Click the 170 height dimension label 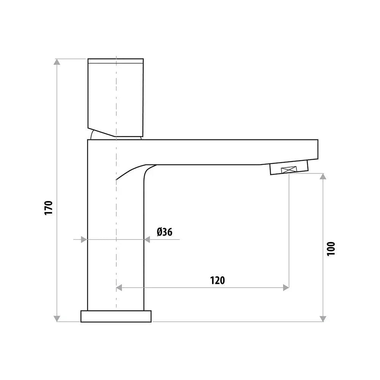click(x=48, y=208)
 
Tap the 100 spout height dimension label click(x=331, y=249)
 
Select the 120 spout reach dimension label click(x=217, y=280)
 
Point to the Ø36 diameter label click(x=164, y=231)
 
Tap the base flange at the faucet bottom click(x=116, y=316)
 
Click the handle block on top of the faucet click(x=116, y=97)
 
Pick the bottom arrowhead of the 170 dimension click(x=57, y=318)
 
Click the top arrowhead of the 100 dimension click(x=323, y=177)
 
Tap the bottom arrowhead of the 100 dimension click(x=323, y=318)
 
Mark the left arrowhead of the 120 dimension click(x=119, y=288)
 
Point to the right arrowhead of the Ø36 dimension click(x=147, y=239)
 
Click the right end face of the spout click(x=317, y=149)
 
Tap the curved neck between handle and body click(x=93, y=134)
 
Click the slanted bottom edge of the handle click(x=102, y=131)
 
